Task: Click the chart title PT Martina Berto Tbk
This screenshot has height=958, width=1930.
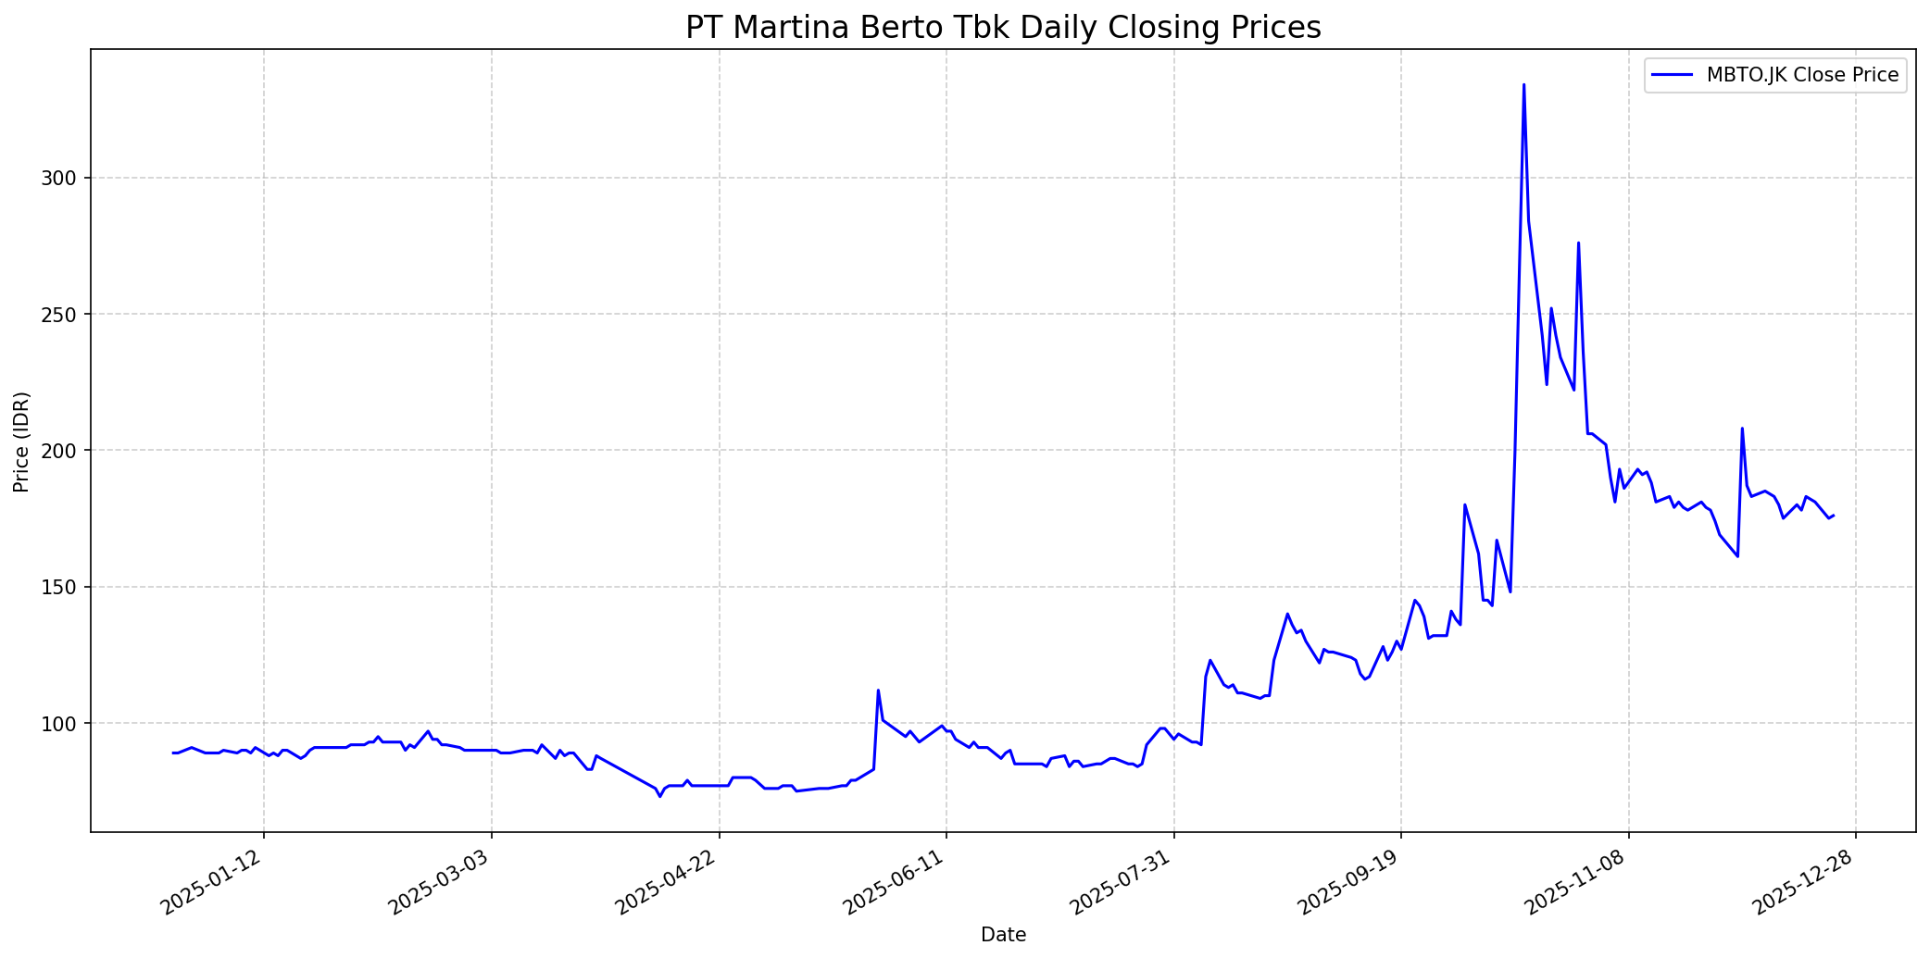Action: pyautogui.click(x=1003, y=28)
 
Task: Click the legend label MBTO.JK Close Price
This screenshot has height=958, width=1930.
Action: pyautogui.click(x=1802, y=76)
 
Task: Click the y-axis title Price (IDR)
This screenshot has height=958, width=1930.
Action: pyautogui.click(x=21, y=442)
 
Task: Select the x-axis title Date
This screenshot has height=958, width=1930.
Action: pyautogui.click(x=1003, y=935)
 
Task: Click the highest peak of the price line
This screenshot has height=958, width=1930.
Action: pyautogui.click(x=1523, y=85)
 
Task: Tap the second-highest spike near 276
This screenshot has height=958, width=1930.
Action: pyautogui.click(x=1578, y=243)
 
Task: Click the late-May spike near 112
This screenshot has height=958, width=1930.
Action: pyautogui.click(x=878, y=691)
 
